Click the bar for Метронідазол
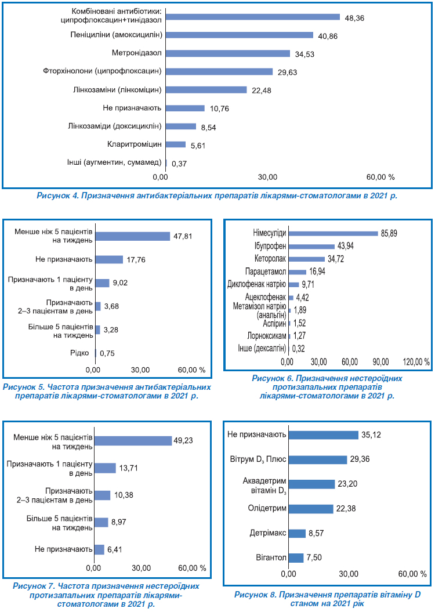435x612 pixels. point(228,53)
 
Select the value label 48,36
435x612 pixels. point(354,19)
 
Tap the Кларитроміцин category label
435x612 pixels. point(134,144)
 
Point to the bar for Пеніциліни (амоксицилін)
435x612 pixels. point(240,35)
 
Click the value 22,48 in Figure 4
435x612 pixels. point(262,90)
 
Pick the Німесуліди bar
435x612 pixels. point(333,233)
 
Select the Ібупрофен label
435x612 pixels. point(270,247)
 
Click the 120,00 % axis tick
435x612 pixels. point(416,362)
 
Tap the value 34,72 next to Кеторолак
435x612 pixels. point(335,259)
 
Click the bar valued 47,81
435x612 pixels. point(133,236)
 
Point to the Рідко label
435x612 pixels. point(79,353)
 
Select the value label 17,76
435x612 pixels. point(136,260)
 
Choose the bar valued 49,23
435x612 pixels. point(133,441)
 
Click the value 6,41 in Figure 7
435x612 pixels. point(115,549)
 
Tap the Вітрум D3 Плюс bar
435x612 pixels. point(318,459)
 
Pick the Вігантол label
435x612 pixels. point(271,557)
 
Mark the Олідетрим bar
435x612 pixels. point(311,509)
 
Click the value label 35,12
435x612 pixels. point(371,435)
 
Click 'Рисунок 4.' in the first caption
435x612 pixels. point(57,195)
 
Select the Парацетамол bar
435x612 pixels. point(298,272)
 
